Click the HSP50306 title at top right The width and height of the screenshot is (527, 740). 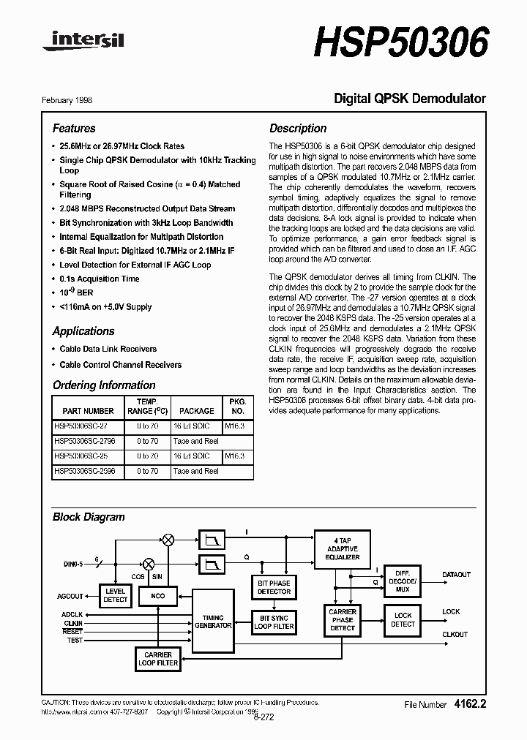[x=400, y=42]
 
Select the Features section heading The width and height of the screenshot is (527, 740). [x=74, y=128]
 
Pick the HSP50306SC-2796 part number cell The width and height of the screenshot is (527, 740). [x=84, y=441]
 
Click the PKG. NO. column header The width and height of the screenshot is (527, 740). [x=238, y=407]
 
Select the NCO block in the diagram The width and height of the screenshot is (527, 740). [x=159, y=595]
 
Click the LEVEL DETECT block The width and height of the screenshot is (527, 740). [x=116, y=595]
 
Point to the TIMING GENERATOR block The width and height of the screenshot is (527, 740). [x=213, y=621]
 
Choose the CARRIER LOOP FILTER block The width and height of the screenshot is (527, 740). [x=158, y=659]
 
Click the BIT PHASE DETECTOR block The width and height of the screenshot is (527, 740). [x=274, y=587]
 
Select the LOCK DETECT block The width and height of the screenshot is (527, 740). [x=403, y=620]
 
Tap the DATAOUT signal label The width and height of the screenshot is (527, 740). [x=456, y=575]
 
